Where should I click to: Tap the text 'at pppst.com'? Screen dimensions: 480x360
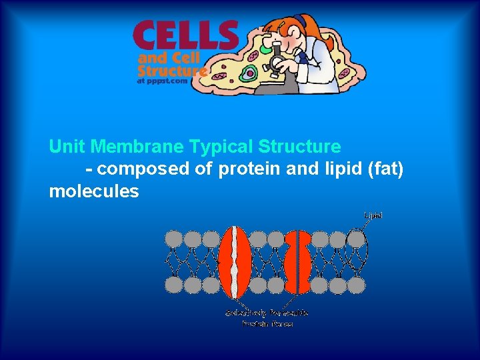click(x=161, y=81)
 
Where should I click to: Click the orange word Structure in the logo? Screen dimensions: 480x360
click(x=173, y=69)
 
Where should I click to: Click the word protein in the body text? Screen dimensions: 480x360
click(x=249, y=169)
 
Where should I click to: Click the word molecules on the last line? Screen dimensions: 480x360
click(x=94, y=192)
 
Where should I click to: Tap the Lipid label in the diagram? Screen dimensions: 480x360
click(x=373, y=215)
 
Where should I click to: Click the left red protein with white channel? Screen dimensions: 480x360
click(x=235, y=261)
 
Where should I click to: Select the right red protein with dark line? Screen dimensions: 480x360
click(x=297, y=261)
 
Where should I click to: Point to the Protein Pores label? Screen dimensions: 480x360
click(x=267, y=324)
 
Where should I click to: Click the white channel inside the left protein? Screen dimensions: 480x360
click(x=235, y=261)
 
